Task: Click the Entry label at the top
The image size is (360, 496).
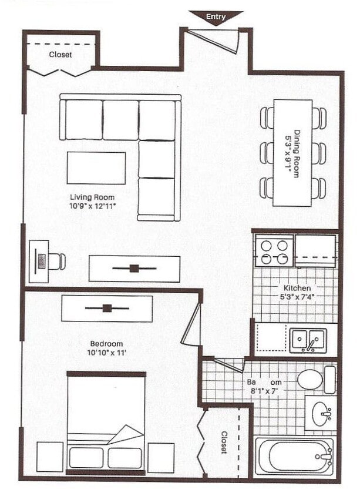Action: pos(216,17)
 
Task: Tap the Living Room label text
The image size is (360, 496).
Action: pos(92,197)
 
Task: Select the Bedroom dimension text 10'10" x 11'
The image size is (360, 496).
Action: pos(106,353)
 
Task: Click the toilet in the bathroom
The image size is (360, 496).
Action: pos(311,379)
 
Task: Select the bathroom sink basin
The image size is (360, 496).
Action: pos(321,413)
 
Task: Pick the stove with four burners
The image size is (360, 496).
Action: pos(274,252)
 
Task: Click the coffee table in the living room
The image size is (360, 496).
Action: pos(96,168)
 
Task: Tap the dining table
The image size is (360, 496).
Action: pos(292,153)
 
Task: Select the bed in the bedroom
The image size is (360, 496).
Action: pos(106,422)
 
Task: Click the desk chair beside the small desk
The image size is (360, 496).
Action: pos(58,261)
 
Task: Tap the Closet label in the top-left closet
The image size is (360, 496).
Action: pos(60,55)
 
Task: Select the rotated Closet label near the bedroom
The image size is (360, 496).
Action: pos(224,442)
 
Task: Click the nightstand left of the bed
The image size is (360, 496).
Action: pos(50,457)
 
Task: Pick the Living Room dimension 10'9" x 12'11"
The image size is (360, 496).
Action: pos(92,206)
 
